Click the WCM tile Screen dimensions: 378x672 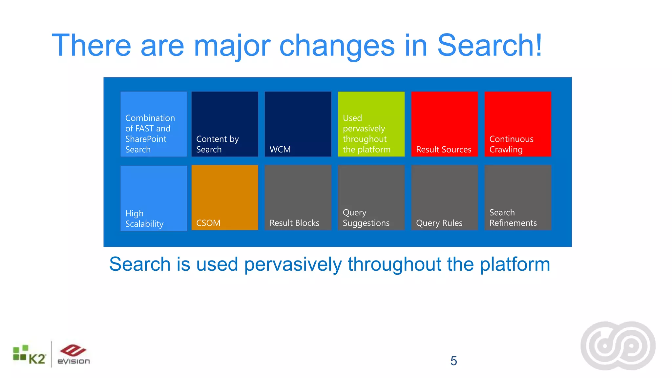point(298,124)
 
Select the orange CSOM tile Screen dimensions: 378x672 point(225,198)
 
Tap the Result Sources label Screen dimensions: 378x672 point(444,150)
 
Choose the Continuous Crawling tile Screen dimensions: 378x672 point(518,124)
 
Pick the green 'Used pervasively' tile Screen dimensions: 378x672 point(371,124)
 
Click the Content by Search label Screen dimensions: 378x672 point(217,144)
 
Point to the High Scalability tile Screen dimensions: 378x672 point(154,198)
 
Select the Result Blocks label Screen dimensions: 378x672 point(294,223)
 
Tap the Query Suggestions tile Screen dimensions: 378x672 point(371,198)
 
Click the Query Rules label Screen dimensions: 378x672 point(439,223)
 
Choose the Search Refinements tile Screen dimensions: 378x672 point(518,198)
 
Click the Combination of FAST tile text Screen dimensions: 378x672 point(150,134)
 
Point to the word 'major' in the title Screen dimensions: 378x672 point(232,46)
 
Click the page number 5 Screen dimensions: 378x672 point(453,361)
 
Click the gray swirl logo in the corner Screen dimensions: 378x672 point(618,346)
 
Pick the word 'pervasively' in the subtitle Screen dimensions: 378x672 point(293,264)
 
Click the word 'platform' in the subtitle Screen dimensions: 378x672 point(514,264)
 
